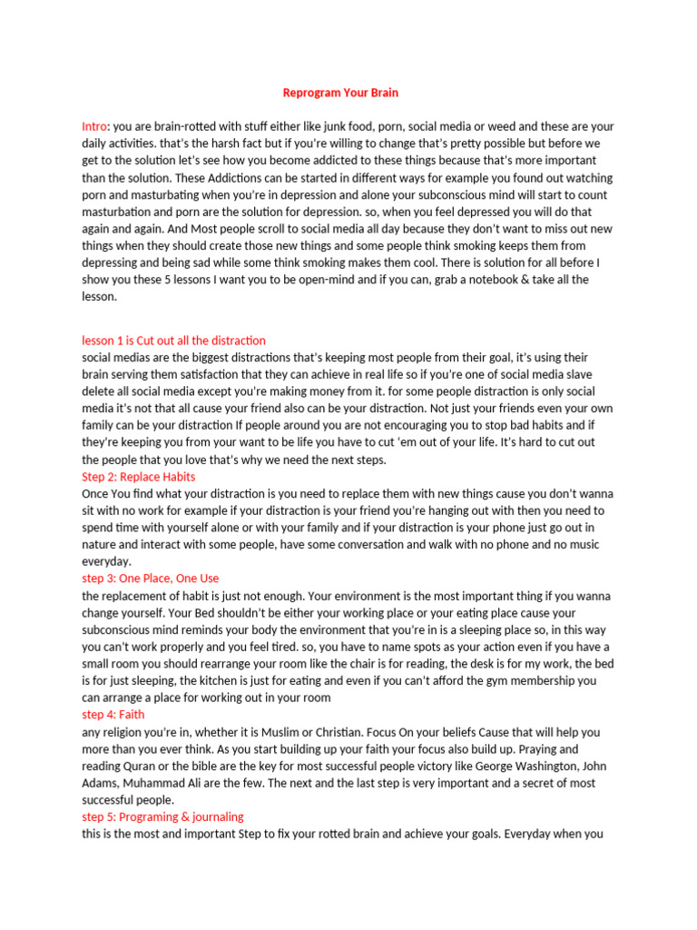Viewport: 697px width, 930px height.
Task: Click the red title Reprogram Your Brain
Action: point(340,93)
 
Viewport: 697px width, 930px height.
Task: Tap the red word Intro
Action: point(94,126)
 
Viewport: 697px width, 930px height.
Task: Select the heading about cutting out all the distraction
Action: point(173,341)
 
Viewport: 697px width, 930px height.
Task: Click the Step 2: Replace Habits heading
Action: point(138,477)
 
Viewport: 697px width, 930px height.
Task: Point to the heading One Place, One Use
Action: point(150,579)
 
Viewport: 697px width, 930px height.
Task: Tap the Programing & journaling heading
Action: point(162,816)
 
